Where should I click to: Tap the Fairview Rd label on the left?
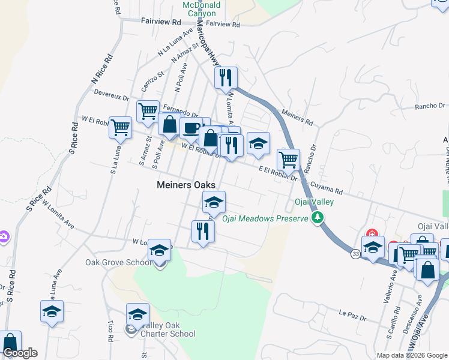pyautogui.click(x=161, y=21)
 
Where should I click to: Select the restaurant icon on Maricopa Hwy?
pyautogui.click(x=226, y=78)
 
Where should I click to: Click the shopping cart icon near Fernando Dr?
pyautogui.click(x=148, y=111)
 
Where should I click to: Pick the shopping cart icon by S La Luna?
pyautogui.click(x=120, y=128)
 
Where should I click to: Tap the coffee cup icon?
pyautogui.click(x=191, y=128)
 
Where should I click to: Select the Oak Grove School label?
pyautogui.click(x=118, y=262)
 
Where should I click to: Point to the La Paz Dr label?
pyautogui.click(x=352, y=313)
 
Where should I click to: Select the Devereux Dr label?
pyautogui.click(x=112, y=94)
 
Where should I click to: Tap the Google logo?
pyautogui.click(x=20, y=353)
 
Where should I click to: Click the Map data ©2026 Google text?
pyautogui.click(x=411, y=355)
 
